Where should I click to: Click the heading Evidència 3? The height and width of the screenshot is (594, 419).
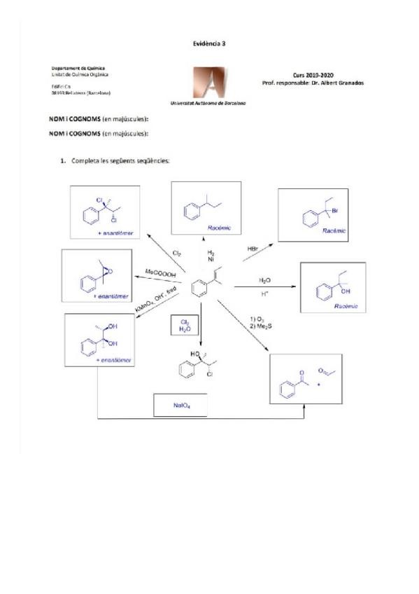click(x=209, y=43)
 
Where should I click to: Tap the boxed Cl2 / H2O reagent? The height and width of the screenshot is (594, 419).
click(x=183, y=325)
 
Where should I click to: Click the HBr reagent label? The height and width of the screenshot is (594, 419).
click(x=253, y=249)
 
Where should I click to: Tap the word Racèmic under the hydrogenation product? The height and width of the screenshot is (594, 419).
click(x=220, y=228)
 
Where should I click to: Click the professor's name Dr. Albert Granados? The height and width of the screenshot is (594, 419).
click(x=338, y=83)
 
